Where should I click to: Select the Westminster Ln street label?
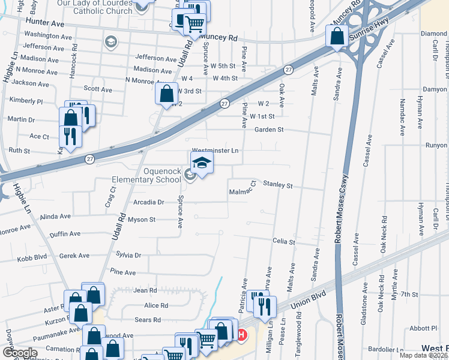point(215,151)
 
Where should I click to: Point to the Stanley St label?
point(277,185)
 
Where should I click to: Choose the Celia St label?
point(284,242)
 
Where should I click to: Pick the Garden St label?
point(268,130)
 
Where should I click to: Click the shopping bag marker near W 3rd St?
point(166,94)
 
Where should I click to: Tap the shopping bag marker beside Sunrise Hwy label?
point(337,36)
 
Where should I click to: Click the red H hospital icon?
point(241,335)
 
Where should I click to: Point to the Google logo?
point(20,353)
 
